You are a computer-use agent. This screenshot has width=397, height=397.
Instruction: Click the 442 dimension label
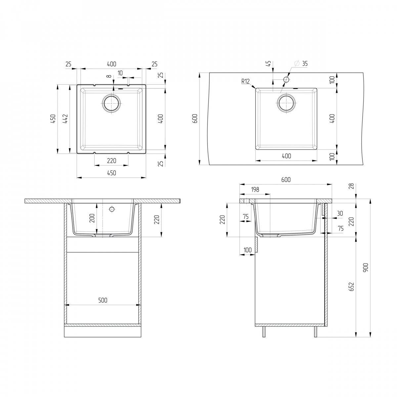coord(65,119)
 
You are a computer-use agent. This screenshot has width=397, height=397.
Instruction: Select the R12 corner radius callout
coord(245,81)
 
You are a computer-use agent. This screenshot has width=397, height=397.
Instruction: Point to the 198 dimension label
coord(255,190)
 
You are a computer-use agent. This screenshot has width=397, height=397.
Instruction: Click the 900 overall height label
coord(365,268)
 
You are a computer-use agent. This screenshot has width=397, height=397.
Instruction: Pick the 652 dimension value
coord(351,287)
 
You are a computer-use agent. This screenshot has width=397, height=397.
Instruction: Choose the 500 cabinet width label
coord(103,300)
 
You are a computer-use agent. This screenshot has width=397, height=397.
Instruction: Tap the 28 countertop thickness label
coord(351,186)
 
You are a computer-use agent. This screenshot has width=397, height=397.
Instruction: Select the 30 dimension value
coord(340,213)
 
